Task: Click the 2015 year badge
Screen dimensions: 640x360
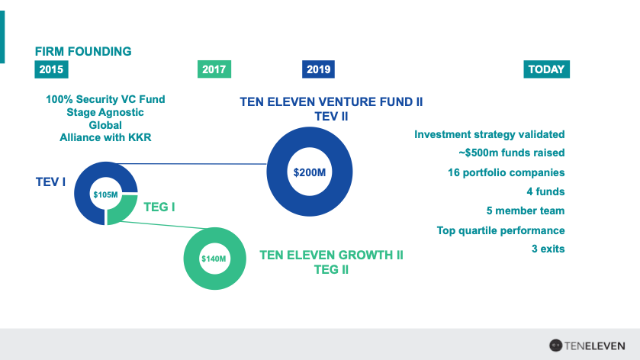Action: click(x=51, y=69)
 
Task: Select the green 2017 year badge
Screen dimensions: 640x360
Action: click(x=214, y=69)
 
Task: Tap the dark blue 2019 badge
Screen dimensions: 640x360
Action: click(x=318, y=69)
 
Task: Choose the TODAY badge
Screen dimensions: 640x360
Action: click(x=546, y=69)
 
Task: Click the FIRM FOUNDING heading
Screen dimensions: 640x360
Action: click(x=83, y=51)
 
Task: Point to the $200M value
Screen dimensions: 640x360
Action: click(x=310, y=172)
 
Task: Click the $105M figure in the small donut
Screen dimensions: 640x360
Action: click(x=105, y=194)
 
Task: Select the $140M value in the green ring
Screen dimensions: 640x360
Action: click(x=214, y=259)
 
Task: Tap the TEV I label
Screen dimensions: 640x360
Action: click(x=50, y=182)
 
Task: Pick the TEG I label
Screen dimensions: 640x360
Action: click(x=159, y=207)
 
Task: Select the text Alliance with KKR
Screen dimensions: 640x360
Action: click(x=105, y=137)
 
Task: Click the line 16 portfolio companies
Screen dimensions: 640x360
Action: click(x=506, y=172)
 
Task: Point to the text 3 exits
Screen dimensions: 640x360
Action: click(x=548, y=249)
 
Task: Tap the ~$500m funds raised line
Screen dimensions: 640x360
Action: click(x=512, y=153)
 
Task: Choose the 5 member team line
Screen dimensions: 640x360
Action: click(x=526, y=211)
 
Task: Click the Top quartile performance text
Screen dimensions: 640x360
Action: click(x=501, y=230)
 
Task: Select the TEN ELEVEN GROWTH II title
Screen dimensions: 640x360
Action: click(x=331, y=255)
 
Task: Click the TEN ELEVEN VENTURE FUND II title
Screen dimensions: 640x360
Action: click(x=331, y=101)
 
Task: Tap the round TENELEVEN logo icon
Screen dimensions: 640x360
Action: click(x=555, y=346)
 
